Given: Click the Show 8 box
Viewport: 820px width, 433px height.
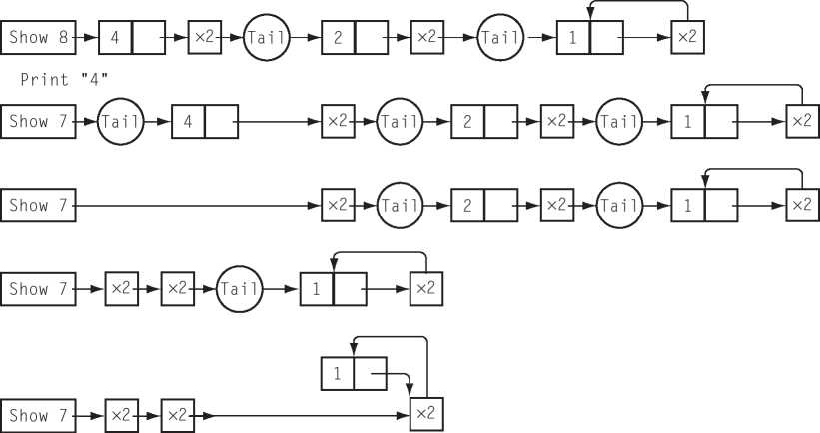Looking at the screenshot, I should click(38, 38).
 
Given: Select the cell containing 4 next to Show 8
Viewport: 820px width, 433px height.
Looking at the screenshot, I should click(115, 38).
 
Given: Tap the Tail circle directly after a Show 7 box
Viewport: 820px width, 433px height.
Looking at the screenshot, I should click(121, 122).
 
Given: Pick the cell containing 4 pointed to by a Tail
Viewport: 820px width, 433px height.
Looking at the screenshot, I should click(189, 122).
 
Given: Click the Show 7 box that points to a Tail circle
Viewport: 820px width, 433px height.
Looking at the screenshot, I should click(38, 122).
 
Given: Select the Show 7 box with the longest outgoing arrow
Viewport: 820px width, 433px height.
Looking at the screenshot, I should click(38, 206).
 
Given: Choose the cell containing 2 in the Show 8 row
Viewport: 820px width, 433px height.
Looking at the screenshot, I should click(339, 38).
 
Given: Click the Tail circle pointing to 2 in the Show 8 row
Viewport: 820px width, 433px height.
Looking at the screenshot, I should click(267, 38).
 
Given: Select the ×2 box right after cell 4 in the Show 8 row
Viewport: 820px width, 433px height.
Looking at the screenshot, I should click(204, 38).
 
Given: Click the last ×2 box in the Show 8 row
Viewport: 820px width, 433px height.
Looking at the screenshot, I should click(686, 38).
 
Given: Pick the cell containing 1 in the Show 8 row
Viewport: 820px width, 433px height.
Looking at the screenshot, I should click(573, 38).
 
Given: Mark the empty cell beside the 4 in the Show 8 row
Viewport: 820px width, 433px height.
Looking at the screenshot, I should click(148, 38).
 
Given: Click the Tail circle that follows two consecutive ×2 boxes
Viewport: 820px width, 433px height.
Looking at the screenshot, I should click(239, 289).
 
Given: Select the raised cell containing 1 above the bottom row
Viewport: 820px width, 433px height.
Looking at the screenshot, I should click(337, 374).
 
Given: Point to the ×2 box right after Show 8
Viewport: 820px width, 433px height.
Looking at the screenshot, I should click(204, 38).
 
